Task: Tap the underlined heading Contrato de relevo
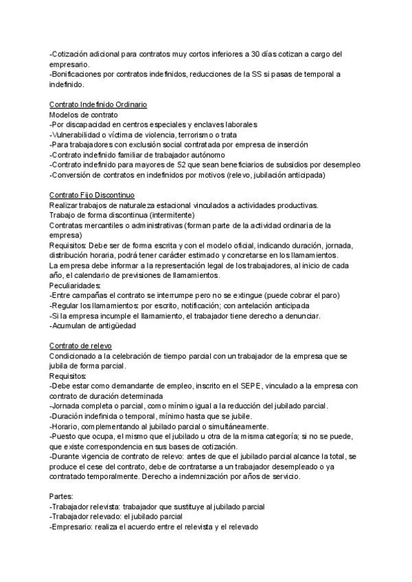[x=81, y=345]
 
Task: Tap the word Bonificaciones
[x=78, y=74]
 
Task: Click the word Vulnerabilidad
[x=78, y=135]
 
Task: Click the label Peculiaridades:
[x=75, y=285]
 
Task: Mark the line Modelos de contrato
[x=84, y=115]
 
